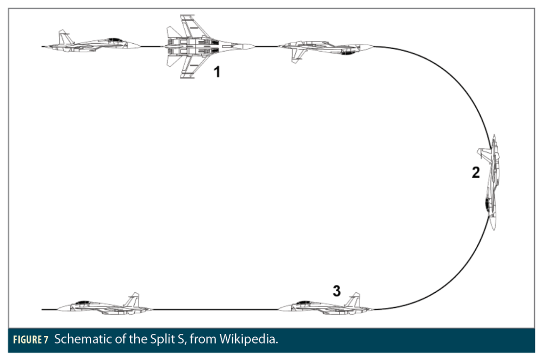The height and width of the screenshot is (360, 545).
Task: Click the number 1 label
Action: pyautogui.click(x=217, y=72)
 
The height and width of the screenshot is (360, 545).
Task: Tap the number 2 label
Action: pyautogui.click(x=476, y=173)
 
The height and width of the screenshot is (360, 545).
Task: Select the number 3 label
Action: pyautogui.click(x=336, y=290)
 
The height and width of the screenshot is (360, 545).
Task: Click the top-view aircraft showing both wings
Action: pyautogui.click(x=205, y=47)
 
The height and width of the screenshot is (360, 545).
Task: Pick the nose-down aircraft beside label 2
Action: pyautogui.click(x=492, y=181)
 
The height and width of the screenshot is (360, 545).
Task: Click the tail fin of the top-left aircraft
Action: pyautogui.click(x=64, y=37)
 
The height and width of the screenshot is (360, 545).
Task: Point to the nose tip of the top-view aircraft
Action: pyautogui.click(x=253, y=47)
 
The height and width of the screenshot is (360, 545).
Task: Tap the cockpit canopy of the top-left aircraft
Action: pyautogui.click(x=115, y=40)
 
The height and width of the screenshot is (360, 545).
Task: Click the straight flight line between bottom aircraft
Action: pyautogui.click(x=213, y=309)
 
